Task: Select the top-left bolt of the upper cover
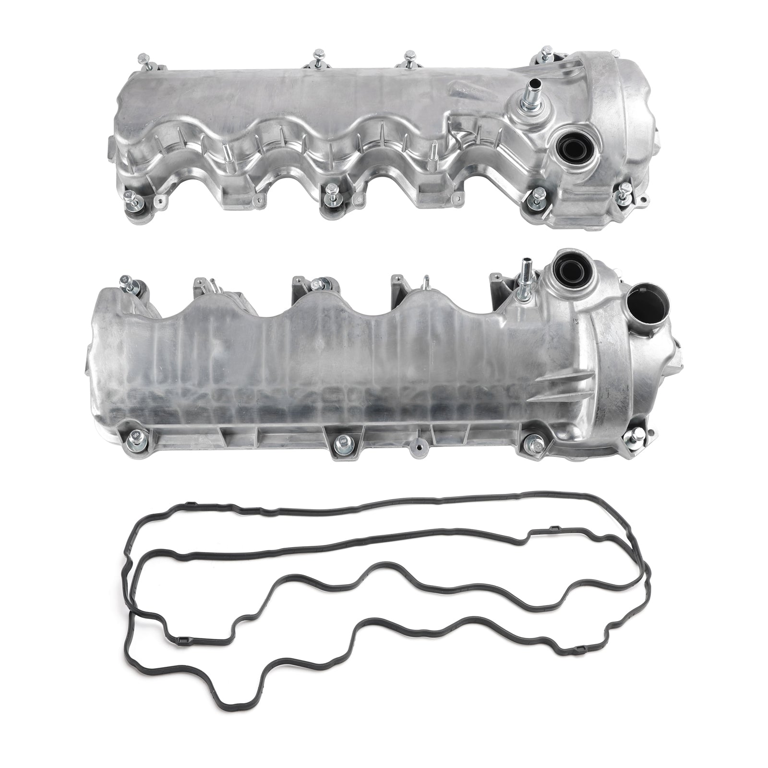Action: tap(142, 61)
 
